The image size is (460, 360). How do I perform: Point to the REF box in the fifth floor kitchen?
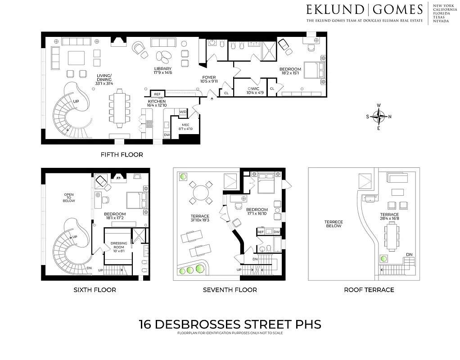157,94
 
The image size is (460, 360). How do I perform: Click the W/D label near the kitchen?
183,111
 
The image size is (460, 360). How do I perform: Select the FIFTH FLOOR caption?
122,155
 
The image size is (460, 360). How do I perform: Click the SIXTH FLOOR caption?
95,290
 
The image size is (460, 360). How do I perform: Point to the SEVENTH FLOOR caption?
230,290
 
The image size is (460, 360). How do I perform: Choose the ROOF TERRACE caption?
369,290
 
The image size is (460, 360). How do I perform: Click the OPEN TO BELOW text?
68,198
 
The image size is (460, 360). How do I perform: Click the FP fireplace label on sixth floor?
119,178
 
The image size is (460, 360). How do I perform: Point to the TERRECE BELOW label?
334,224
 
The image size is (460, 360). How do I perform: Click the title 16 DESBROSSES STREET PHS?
230,324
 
